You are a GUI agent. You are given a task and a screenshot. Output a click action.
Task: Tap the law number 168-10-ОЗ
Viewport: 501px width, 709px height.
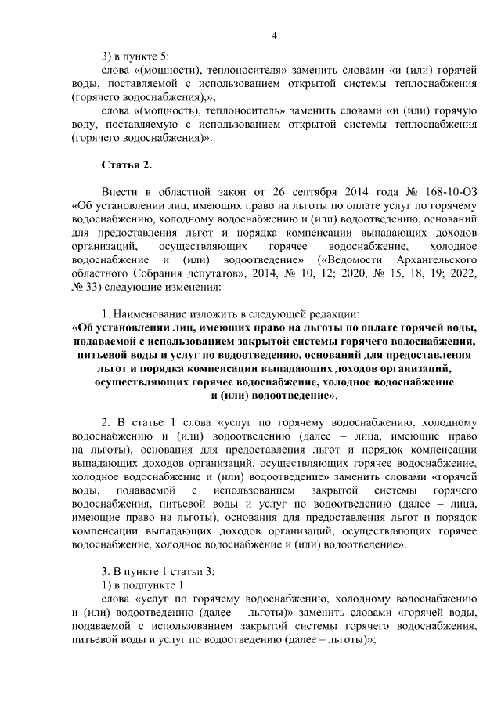point(448,191)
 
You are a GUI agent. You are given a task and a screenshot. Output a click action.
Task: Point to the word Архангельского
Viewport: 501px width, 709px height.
point(432,259)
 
